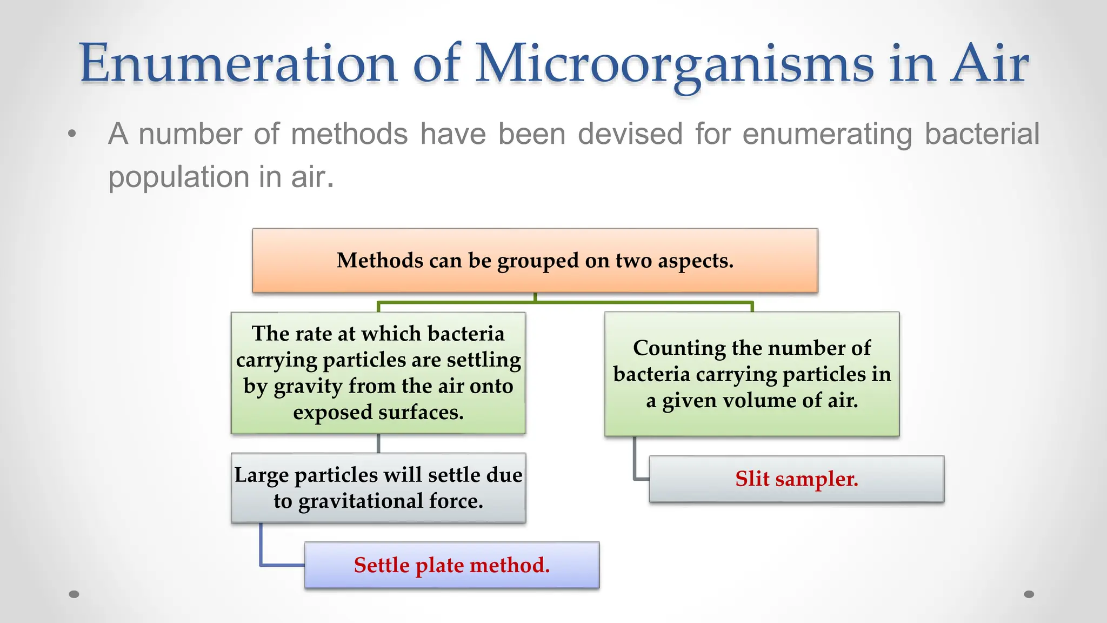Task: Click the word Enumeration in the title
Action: [238, 64]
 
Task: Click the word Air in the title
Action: [989, 64]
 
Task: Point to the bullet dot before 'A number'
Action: [72, 134]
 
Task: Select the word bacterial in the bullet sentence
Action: [982, 134]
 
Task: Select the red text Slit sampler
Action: [796, 479]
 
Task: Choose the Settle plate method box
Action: [451, 565]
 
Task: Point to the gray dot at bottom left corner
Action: [74, 594]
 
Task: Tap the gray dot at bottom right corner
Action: [1029, 594]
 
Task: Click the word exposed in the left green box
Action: [332, 413]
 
